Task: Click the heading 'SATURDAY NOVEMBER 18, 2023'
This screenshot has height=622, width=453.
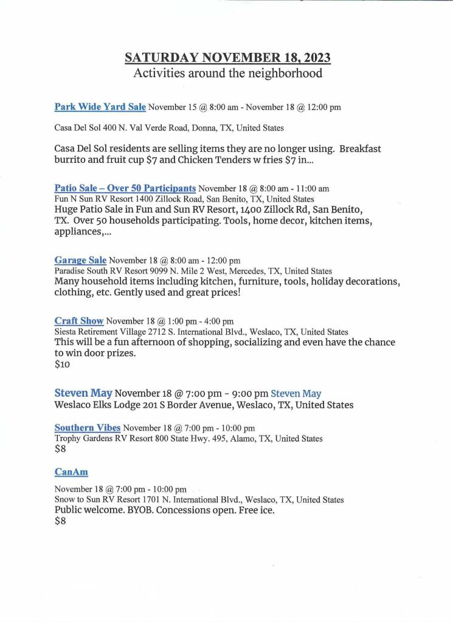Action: point(227,58)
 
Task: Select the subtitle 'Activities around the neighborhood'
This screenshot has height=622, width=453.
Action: point(227,73)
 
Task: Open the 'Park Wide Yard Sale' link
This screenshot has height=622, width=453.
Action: point(100,107)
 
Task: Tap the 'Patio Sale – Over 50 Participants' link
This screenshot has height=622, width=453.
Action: point(125,188)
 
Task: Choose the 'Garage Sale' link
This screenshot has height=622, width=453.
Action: point(80,261)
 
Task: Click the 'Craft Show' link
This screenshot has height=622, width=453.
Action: point(79,321)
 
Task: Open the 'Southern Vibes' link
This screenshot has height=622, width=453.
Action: point(87,428)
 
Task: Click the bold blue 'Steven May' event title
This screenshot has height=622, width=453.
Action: point(83,393)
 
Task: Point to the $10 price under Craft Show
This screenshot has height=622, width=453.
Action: point(62,364)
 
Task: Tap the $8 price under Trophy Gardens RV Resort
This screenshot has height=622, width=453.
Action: point(60,449)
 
